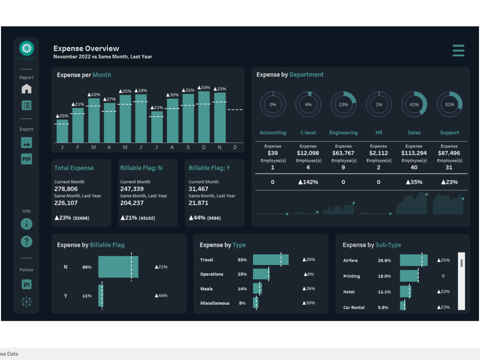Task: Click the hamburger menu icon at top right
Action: point(458,50)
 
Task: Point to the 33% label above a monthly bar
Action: point(204,88)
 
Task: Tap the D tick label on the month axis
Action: point(235,147)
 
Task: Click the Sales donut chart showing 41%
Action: point(414,104)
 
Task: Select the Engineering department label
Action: point(343,133)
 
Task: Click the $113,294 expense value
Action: point(414,154)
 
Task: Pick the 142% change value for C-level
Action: point(308,182)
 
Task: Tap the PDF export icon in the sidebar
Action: point(26,159)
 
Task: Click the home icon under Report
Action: point(26,89)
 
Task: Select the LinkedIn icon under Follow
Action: point(26,284)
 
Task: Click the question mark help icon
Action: point(26,241)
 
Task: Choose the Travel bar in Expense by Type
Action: point(270,260)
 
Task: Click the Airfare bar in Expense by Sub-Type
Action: point(413,260)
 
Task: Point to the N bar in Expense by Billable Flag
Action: point(118,267)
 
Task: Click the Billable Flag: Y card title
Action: point(209,168)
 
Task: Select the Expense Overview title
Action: point(86,48)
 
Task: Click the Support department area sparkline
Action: point(448,205)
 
